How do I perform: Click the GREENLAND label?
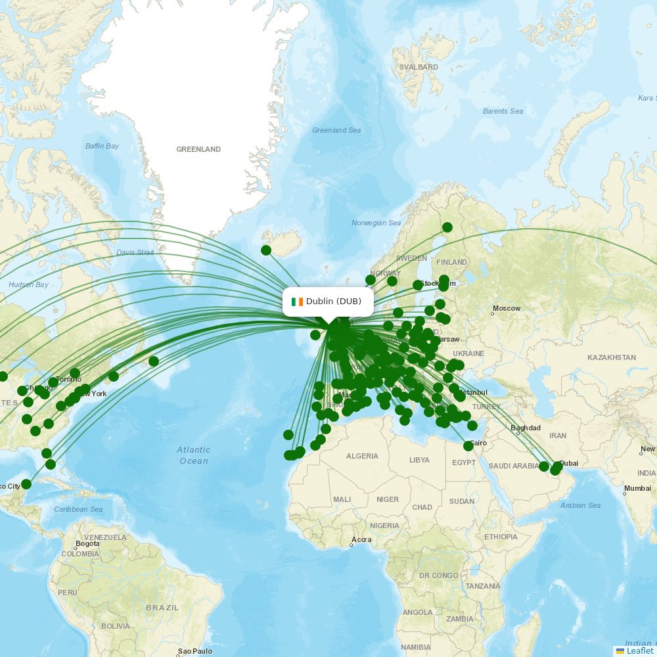(x=198, y=149)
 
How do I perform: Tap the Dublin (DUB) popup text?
(x=334, y=302)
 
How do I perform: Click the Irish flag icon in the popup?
(x=298, y=302)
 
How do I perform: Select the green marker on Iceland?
(x=266, y=250)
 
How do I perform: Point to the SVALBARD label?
(x=419, y=67)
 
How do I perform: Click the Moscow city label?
(x=507, y=308)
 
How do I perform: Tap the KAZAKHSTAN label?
(x=611, y=357)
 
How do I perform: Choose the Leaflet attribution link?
(x=639, y=650)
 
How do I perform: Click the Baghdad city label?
(x=526, y=428)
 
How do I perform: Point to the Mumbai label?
(x=637, y=488)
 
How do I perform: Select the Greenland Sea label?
(x=336, y=130)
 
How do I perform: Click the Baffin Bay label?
(x=102, y=146)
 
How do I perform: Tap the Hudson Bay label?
(x=28, y=284)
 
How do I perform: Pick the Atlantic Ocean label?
(x=193, y=455)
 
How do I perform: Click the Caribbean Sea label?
(x=78, y=509)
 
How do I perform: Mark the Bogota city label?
(x=87, y=543)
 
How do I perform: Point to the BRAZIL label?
(x=162, y=608)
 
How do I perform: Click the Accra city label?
(x=361, y=540)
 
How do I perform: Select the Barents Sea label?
(x=503, y=111)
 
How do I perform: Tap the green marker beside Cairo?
(x=468, y=446)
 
